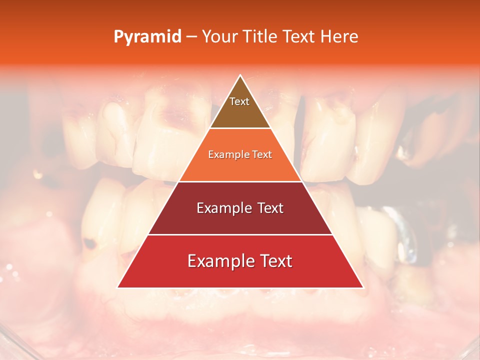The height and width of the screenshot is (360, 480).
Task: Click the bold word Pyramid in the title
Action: (147, 37)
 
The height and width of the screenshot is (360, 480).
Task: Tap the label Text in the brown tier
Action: (239, 101)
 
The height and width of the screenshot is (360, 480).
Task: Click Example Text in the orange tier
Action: (240, 154)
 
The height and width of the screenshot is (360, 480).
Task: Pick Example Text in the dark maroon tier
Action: (240, 208)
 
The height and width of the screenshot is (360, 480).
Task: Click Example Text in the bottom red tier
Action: (240, 261)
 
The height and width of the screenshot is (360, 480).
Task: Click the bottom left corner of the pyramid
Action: (118, 287)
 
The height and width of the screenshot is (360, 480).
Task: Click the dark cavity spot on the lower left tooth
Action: (90, 244)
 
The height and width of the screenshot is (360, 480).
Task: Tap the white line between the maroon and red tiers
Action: (240, 234)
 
